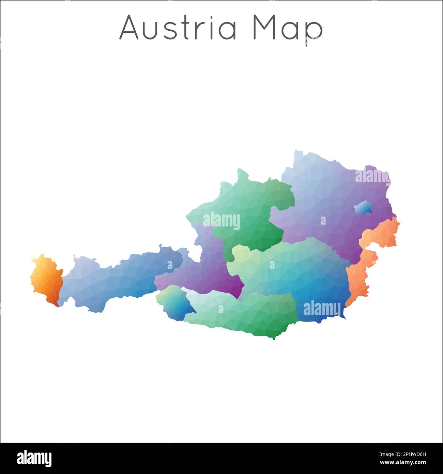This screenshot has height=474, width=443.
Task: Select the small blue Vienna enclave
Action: (363, 207)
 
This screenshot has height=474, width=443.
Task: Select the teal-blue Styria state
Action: (300, 273)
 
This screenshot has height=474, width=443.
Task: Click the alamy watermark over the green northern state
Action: (221, 221)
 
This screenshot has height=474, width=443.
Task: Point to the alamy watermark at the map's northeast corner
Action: (372, 177)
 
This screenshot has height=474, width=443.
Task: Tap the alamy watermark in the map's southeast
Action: (322, 309)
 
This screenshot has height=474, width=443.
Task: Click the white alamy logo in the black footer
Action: (34, 458)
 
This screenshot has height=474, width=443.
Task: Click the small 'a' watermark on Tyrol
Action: (170, 265)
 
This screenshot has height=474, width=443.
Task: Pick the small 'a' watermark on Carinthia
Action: (221, 309)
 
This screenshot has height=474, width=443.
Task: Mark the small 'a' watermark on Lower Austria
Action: (323, 221)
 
